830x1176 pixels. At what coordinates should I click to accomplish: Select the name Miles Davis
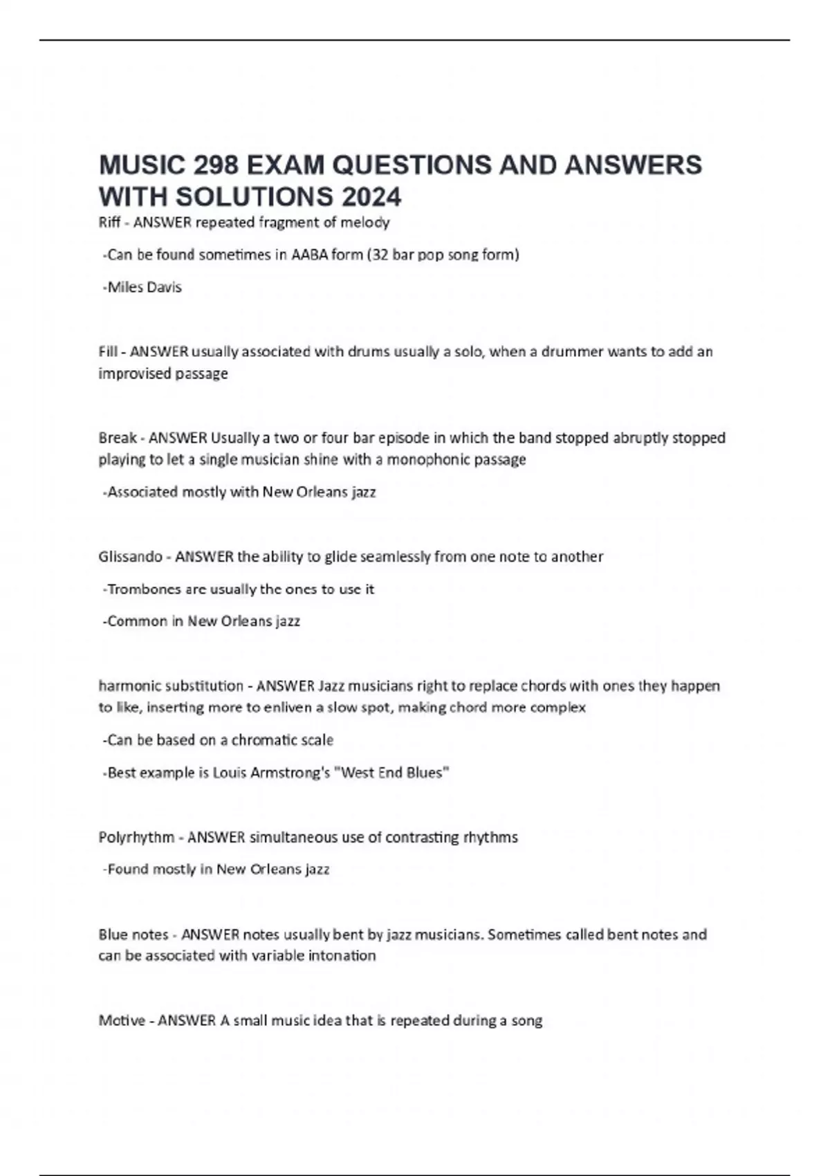tap(145, 287)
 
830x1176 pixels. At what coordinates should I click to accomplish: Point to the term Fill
tap(108, 351)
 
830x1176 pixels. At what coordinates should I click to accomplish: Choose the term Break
tap(118, 438)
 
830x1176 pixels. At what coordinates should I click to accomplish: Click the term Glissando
tap(131, 557)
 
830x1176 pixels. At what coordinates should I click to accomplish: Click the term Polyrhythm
tap(136, 838)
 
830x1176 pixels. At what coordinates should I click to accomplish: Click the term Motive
tap(122, 1020)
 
